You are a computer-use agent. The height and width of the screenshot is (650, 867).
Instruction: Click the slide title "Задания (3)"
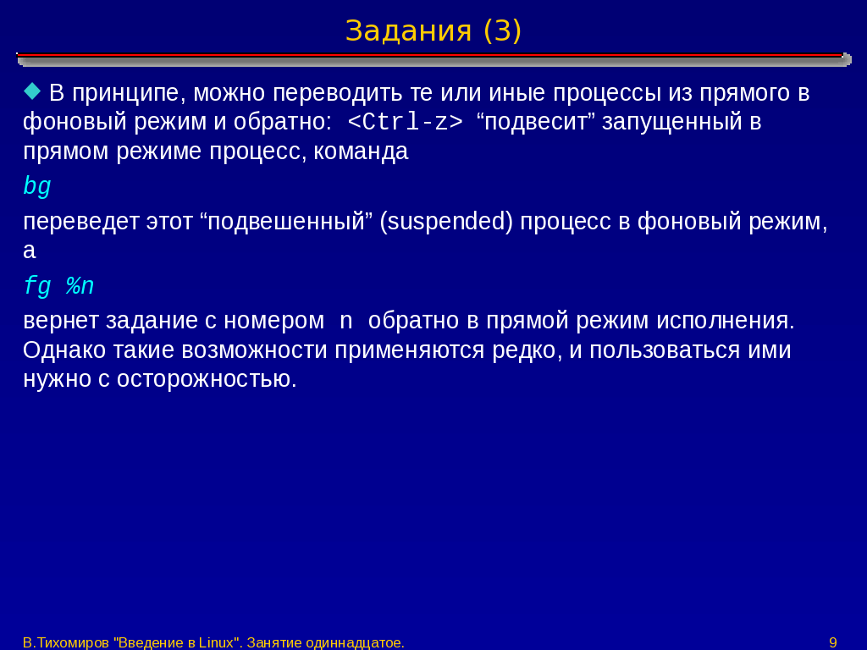coord(433,31)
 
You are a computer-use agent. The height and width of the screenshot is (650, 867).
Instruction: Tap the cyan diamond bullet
coord(33,91)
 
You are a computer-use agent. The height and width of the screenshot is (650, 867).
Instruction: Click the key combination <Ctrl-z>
coord(406,122)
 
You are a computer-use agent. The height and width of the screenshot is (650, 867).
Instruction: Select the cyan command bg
coord(37,187)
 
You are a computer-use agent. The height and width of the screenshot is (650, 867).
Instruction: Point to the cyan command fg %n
coord(58,287)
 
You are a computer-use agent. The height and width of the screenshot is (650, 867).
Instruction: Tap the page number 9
coord(833,642)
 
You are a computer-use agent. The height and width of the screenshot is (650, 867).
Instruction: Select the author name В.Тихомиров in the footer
coord(66,642)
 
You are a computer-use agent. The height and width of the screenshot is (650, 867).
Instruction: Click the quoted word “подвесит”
coord(535,122)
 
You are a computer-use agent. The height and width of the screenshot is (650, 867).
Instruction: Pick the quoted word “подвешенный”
coord(286,222)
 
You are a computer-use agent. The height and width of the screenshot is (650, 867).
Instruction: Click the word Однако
coord(64,350)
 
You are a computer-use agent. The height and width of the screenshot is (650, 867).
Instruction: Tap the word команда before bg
coord(361,151)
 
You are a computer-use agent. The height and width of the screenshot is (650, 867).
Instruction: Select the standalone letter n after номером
coord(346,321)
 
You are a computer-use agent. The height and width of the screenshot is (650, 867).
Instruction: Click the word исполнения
coord(726,321)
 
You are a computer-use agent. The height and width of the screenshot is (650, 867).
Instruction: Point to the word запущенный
coord(671,122)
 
